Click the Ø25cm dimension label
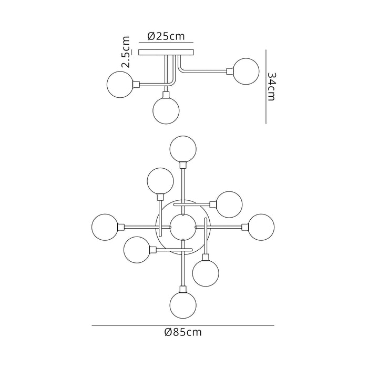click(x=166, y=36)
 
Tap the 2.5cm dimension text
click(x=126, y=53)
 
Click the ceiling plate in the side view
click(x=166, y=53)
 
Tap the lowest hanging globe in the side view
click(x=166, y=109)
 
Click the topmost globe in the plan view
click(x=183, y=149)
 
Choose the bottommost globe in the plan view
click(x=183, y=304)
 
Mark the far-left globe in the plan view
click(x=105, y=227)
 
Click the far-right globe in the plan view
click(x=261, y=227)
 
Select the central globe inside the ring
click(x=183, y=227)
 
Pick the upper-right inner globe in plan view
click(x=229, y=204)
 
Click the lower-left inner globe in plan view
click(x=137, y=250)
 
